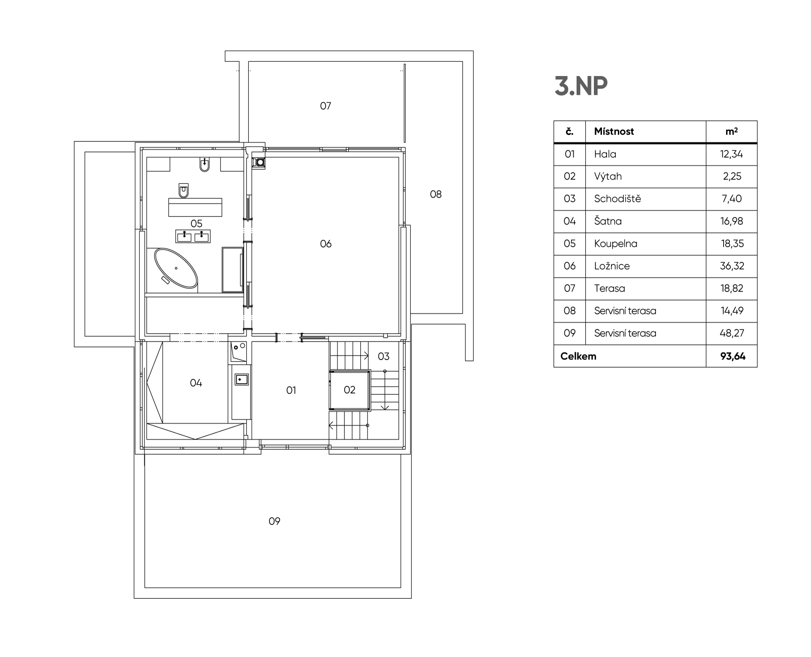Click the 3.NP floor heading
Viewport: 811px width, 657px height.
click(x=581, y=86)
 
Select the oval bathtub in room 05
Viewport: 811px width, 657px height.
click(x=176, y=268)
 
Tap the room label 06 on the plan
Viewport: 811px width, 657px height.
click(x=326, y=244)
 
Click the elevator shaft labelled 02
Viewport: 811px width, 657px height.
click(x=350, y=390)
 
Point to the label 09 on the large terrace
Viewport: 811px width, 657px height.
click(x=275, y=521)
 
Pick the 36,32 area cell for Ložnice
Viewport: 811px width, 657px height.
click(x=732, y=266)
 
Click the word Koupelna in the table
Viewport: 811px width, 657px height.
click(x=615, y=244)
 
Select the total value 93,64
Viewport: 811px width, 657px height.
click(x=733, y=356)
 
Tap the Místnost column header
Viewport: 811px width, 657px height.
click(x=614, y=131)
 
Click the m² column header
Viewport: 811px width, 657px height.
click(x=732, y=131)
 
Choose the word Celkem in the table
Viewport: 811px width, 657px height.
click(x=578, y=356)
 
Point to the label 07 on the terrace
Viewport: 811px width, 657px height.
click(x=325, y=106)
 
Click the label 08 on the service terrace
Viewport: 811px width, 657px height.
click(x=435, y=194)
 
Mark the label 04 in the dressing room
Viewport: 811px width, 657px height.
click(x=196, y=383)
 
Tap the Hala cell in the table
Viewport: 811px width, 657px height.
click(x=605, y=154)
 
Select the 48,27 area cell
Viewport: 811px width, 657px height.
click(x=732, y=333)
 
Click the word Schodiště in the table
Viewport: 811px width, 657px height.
click(x=617, y=198)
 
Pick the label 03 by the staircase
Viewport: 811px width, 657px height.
click(x=384, y=356)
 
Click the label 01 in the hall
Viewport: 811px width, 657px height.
click(x=291, y=391)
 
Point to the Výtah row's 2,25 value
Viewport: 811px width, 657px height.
click(x=732, y=176)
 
